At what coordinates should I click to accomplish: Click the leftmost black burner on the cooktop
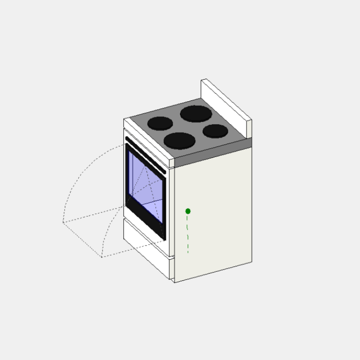160,123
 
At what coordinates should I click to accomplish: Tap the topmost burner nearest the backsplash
196,113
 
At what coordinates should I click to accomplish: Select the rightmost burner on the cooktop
216,131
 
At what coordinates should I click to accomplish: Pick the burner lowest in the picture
180,141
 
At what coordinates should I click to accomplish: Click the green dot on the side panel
188,211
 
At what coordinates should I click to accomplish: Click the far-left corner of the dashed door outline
63,222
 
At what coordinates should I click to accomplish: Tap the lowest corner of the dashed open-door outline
102,257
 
